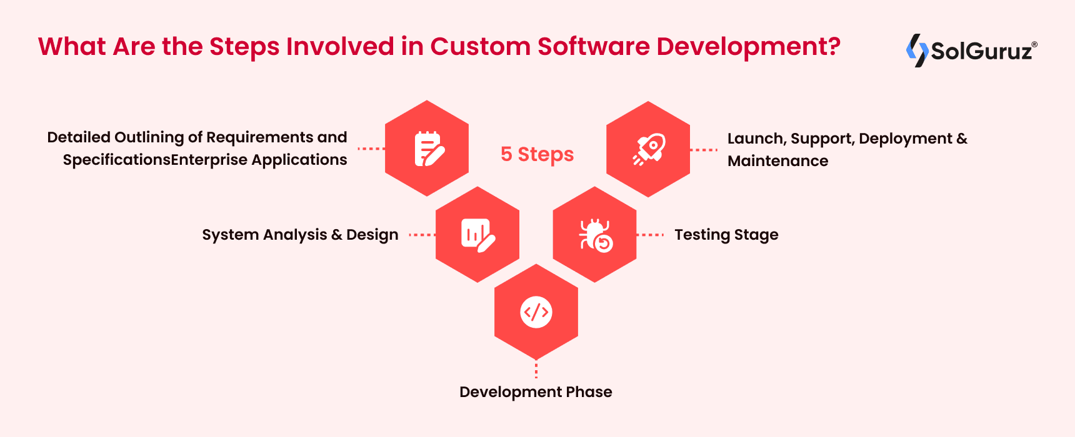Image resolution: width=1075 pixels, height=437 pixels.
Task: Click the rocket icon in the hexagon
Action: tap(649, 149)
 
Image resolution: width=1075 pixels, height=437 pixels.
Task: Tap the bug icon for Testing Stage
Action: tap(595, 235)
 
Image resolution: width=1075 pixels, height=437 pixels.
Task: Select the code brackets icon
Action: tap(536, 312)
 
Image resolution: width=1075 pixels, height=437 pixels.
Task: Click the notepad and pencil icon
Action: tap(428, 149)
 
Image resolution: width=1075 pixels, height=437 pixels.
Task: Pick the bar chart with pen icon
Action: tap(477, 235)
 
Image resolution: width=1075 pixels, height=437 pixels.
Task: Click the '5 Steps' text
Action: tap(537, 154)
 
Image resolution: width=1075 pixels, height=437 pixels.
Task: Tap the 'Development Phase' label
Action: tap(536, 392)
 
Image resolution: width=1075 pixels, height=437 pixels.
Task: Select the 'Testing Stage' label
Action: tap(726, 235)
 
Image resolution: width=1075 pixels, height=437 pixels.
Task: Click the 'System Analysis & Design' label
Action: tap(300, 235)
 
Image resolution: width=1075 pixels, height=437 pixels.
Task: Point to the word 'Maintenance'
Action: tap(777, 161)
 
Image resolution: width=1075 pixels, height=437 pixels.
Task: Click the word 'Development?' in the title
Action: tap(748, 47)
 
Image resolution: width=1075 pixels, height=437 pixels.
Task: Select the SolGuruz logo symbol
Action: tap(917, 50)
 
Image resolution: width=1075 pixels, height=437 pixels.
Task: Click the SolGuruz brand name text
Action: tap(982, 51)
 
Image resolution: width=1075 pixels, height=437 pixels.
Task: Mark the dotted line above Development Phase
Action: tap(536, 369)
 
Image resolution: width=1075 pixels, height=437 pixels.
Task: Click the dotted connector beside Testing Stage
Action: tap(651, 235)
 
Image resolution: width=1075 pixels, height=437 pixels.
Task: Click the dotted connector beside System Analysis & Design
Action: tap(422, 235)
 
